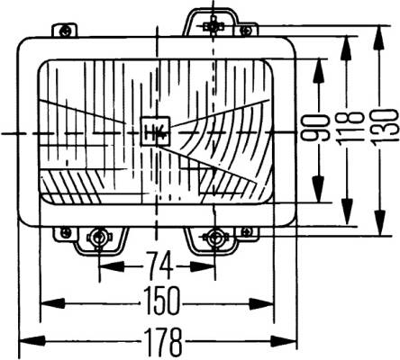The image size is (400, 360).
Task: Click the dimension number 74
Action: pos(159,265)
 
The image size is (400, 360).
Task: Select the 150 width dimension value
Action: pos(161,301)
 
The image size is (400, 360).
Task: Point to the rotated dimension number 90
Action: pos(315,128)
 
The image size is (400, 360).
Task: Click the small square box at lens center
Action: pos(156,131)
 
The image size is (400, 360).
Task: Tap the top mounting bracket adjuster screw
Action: pos(214,27)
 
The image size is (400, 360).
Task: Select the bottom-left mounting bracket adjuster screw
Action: pos(98,238)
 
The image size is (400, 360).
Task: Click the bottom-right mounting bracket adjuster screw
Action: pos(214,238)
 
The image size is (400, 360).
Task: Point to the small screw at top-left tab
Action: pos(66,31)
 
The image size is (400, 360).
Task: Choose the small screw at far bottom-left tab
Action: pos(65,232)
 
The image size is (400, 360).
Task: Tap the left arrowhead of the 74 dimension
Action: pos(112,266)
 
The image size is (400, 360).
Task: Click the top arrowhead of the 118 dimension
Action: pos(348,49)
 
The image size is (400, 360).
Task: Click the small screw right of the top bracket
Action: pos(246,31)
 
